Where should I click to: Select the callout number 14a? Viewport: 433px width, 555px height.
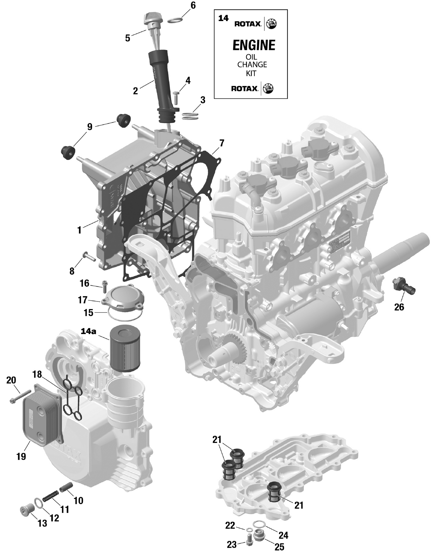(88, 331)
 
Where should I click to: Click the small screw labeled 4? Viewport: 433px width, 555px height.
(176, 97)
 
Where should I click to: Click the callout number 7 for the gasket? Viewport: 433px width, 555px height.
(221, 143)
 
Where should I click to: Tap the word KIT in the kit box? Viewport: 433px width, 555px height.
(251, 73)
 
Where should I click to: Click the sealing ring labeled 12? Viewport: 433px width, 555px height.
(39, 503)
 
